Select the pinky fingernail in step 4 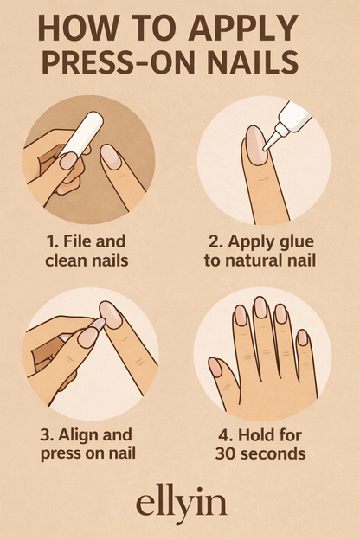302,337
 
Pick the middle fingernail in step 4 260,307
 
